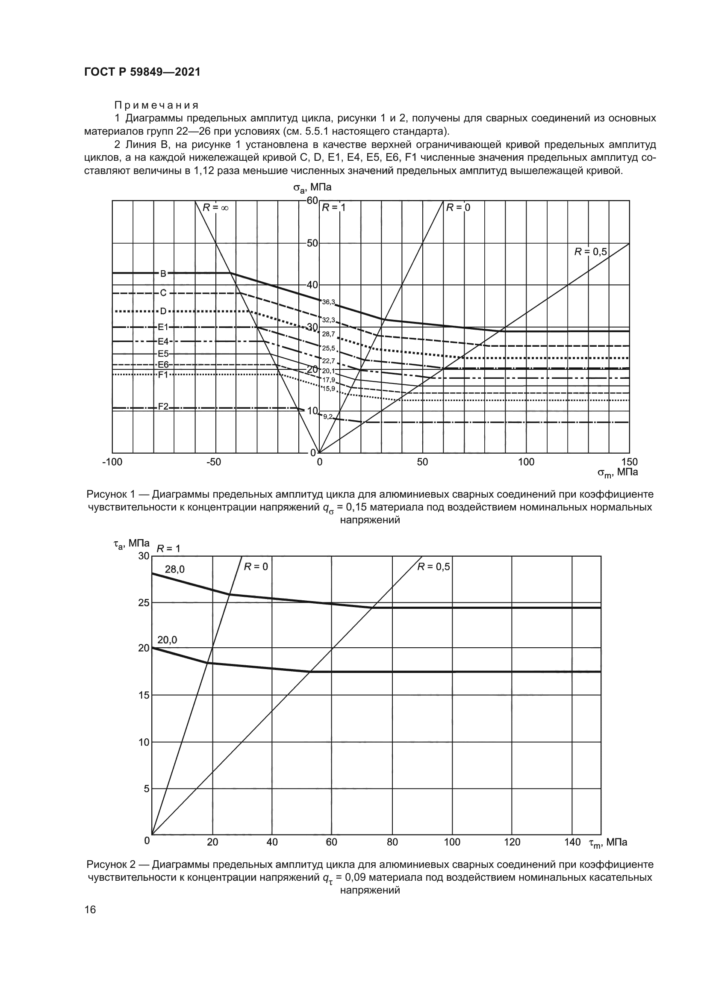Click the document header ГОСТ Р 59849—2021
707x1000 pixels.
pos(142,72)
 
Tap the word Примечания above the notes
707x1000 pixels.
pos(156,106)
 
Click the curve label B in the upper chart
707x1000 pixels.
pos(163,274)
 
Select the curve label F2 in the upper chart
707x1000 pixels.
pos(163,406)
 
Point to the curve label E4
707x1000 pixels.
pos(163,342)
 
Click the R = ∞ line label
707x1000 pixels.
pos(215,208)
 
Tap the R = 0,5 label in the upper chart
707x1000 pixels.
pos(590,251)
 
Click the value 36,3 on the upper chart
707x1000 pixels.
pos(328,302)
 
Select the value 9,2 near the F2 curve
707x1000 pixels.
pos(328,417)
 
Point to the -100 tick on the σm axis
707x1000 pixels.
pos(112,462)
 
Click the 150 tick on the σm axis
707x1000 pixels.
pos(629,462)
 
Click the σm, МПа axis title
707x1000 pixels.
pos(617,472)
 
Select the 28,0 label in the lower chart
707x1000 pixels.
pos(174,569)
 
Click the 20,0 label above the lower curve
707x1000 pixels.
pos(167,640)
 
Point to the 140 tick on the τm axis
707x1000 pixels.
pos(572,842)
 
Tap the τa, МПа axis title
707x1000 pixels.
pos(131,543)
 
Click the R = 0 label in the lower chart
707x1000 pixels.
pos(256,566)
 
